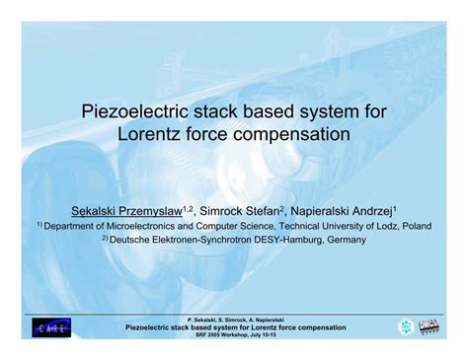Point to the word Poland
414,225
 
